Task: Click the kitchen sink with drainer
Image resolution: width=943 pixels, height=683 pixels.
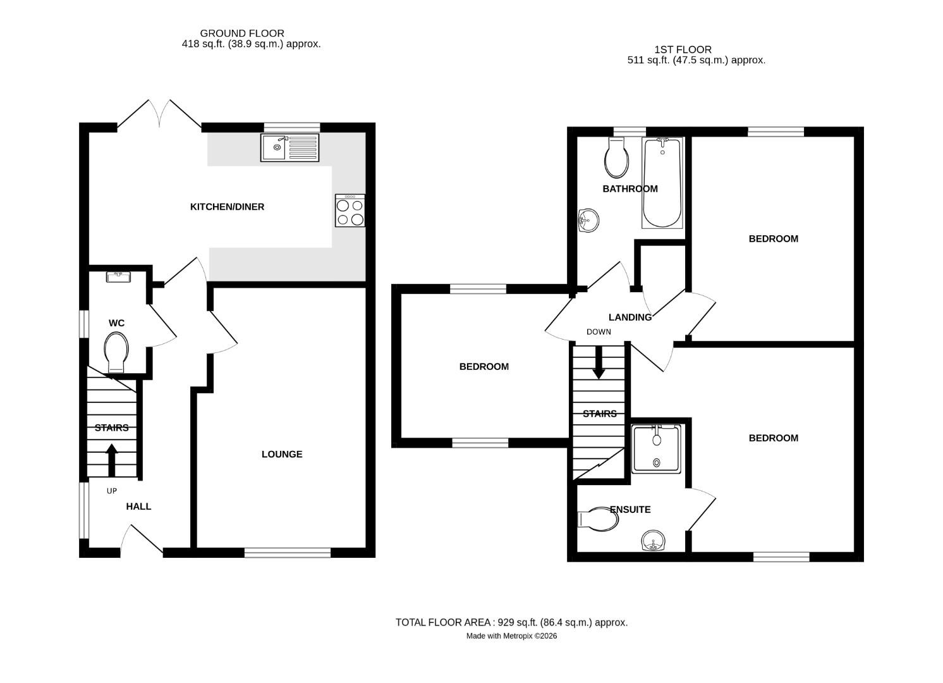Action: click(x=289, y=147)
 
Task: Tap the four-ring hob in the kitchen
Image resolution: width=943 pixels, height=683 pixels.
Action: click(x=350, y=211)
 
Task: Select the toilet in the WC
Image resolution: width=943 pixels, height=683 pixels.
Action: click(x=116, y=352)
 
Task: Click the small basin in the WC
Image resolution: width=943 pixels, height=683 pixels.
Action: click(x=119, y=276)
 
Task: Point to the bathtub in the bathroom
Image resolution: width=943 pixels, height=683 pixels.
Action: click(x=662, y=183)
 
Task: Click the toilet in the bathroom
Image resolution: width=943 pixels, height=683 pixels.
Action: click(x=617, y=158)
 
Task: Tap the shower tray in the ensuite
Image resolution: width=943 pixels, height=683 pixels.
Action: click(x=657, y=448)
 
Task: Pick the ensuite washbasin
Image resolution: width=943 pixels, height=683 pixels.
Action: click(x=653, y=541)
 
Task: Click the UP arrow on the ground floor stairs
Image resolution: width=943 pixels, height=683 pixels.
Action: click(x=112, y=460)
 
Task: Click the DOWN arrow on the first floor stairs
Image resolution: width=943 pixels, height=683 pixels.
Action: click(x=599, y=365)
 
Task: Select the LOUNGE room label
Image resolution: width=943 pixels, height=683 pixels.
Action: click(x=282, y=454)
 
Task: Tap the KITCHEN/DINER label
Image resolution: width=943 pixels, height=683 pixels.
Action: click(x=227, y=207)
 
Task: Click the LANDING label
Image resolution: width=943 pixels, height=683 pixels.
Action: click(x=630, y=317)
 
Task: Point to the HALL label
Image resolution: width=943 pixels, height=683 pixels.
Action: click(x=138, y=507)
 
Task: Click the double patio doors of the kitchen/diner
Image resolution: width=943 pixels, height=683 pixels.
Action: click(x=159, y=116)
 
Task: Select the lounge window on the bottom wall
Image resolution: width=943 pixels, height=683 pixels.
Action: click(x=288, y=553)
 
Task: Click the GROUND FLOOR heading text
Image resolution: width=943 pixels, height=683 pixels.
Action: click(x=242, y=33)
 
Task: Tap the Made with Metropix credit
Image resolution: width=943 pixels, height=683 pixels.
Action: click(x=511, y=636)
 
